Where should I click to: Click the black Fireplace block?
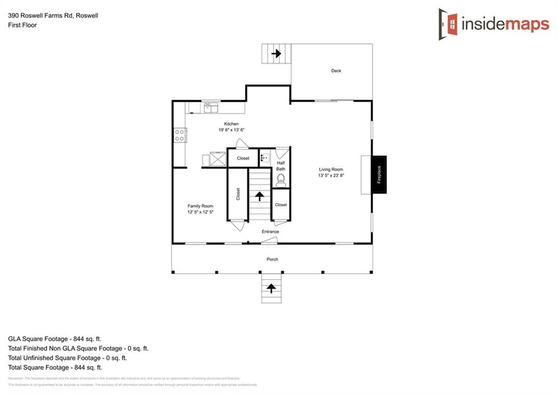coord(379,174)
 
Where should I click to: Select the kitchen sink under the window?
coord(211,108)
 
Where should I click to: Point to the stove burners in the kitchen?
coord(180,135)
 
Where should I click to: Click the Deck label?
coord(336,71)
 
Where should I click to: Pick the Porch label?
coord(273,259)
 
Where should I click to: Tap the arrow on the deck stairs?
coord(276,54)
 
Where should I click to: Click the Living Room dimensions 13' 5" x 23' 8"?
coord(332,176)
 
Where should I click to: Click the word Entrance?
coord(270,232)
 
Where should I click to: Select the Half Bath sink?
coord(264,159)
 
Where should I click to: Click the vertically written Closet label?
coord(238,195)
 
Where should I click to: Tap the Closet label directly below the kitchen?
coord(243,159)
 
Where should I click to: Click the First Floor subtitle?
coord(22,25)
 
